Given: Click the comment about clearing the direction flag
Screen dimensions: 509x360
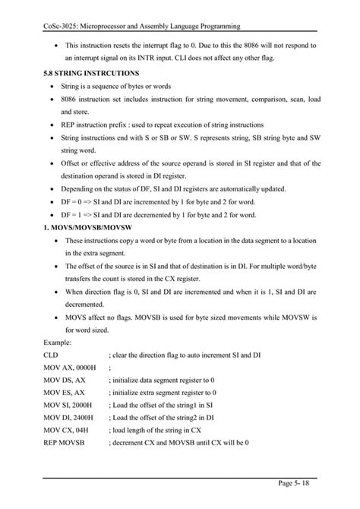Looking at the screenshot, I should (185, 356).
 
